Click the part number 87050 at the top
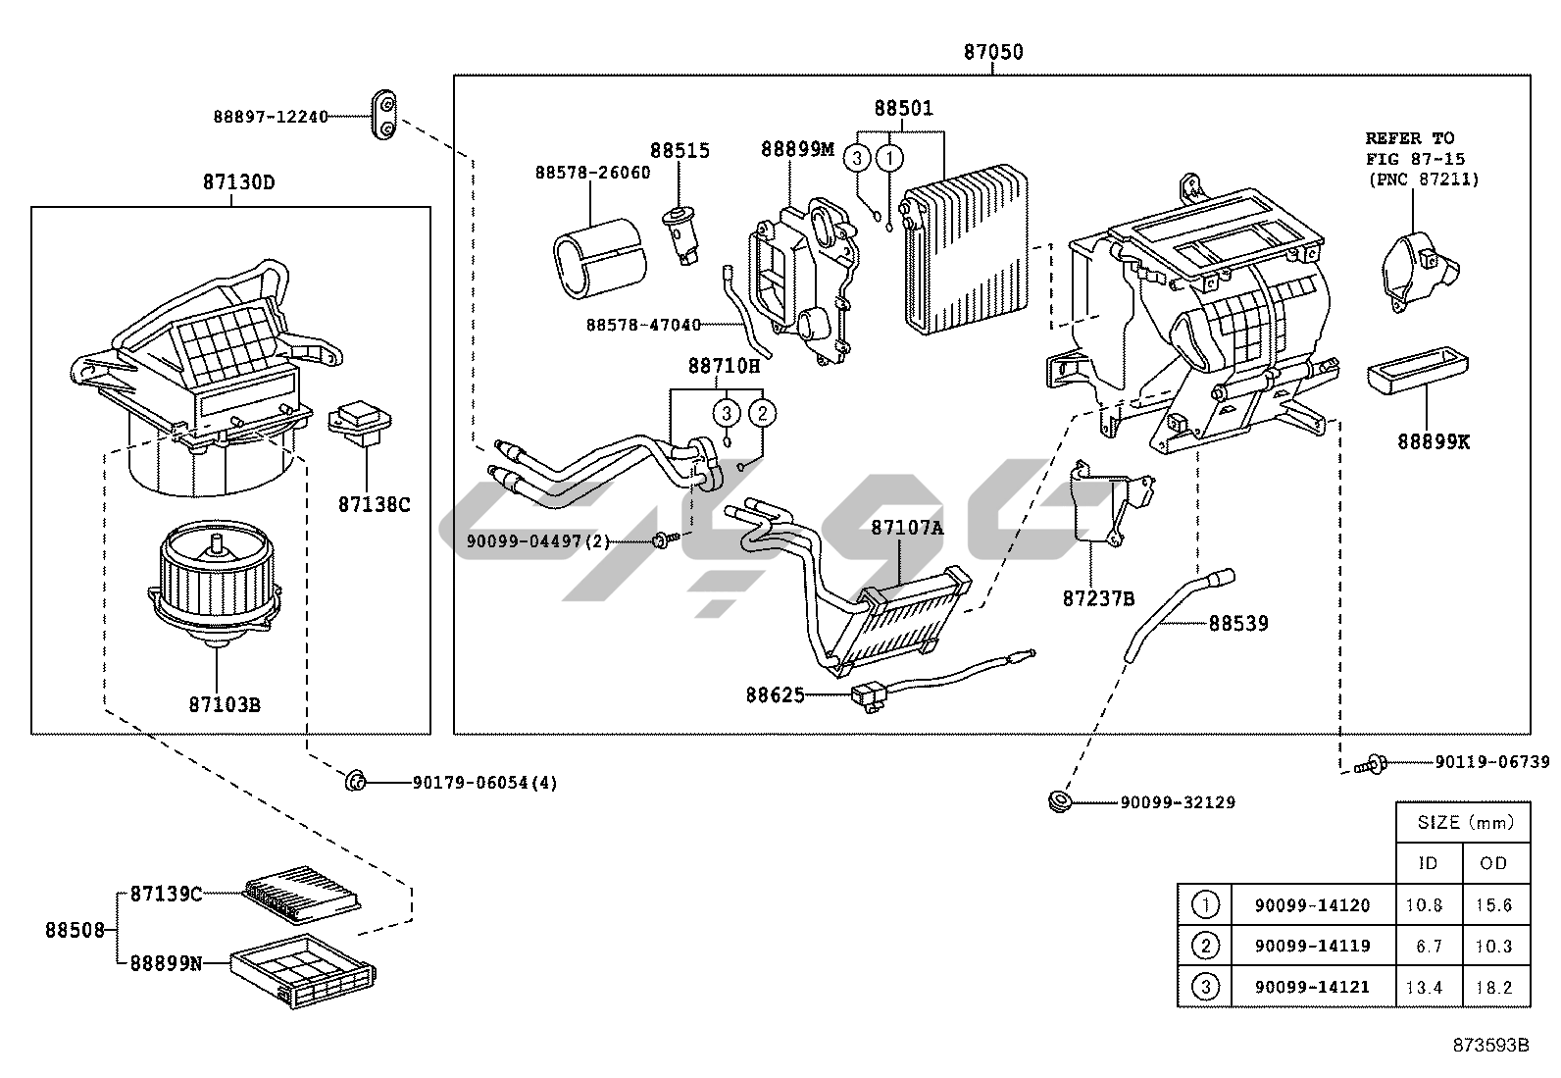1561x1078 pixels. click(x=992, y=52)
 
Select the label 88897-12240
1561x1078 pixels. click(x=271, y=117)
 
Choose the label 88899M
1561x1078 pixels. click(x=797, y=149)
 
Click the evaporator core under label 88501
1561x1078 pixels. click(x=965, y=250)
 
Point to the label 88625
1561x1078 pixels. click(x=775, y=695)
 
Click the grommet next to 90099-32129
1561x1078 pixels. click(x=1059, y=800)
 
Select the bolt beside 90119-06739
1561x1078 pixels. click(x=1370, y=762)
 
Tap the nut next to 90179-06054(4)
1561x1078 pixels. click(x=355, y=781)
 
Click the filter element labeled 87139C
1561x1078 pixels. click(x=299, y=897)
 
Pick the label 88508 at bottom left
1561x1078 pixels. click(x=75, y=929)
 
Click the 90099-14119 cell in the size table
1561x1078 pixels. click(x=1312, y=946)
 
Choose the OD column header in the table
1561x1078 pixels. click(x=1493, y=863)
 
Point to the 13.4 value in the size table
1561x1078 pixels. click(x=1424, y=987)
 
